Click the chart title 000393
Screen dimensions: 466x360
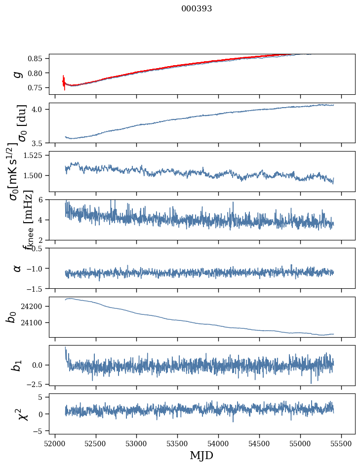197,9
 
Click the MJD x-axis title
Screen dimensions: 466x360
201,455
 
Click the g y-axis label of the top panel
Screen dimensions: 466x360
18,74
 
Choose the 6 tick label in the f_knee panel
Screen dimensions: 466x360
44,199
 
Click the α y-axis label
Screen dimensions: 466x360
18,268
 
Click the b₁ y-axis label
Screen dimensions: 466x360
18,365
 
